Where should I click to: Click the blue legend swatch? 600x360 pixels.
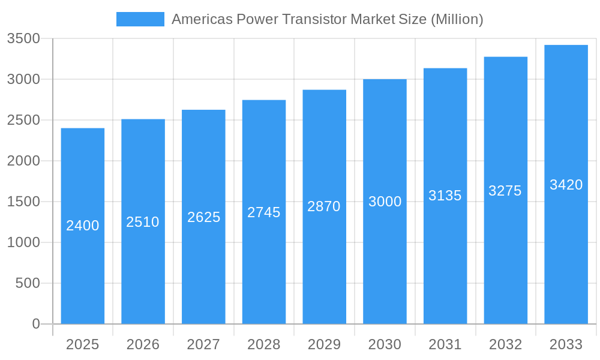click(140, 19)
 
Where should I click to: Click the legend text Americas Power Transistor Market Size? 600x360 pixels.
click(327, 19)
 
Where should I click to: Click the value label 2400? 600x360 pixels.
click(83, 226)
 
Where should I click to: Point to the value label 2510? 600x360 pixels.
click(143, 222)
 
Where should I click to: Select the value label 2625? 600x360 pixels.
click(203, 217)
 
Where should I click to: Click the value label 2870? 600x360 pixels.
click(324, 206)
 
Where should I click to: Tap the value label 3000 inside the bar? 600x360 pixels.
click(385, 202)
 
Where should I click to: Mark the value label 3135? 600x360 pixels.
click(445, 196)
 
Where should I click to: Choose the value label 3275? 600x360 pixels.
click(505, 191)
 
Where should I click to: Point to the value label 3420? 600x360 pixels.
click(566, 185)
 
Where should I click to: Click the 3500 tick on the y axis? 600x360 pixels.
click(23, 38)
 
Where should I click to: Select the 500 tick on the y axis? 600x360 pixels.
click(28, 283)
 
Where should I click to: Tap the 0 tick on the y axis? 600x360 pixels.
click(35, 324)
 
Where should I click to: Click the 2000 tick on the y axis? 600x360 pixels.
click(23, 161)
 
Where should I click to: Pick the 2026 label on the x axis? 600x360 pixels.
click(143, 344)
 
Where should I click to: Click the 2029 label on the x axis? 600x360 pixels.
click(324, 344)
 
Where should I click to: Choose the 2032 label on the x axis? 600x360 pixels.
click(505, 344)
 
